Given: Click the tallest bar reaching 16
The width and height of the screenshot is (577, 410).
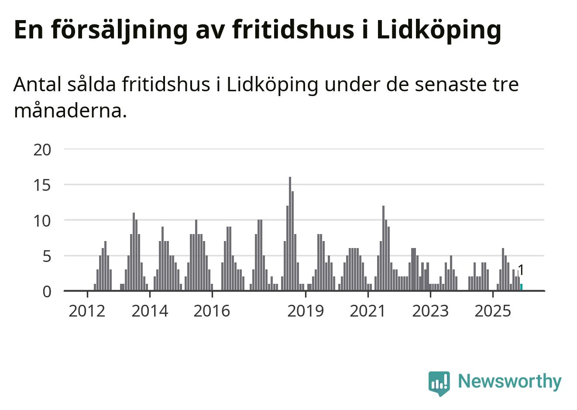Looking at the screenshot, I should pos(290,234).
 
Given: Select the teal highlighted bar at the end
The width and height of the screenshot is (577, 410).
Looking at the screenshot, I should pos(521,287).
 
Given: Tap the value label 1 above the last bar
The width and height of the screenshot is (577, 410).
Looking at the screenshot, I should pos(520,270).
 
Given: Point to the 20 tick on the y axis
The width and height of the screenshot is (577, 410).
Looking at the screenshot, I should pos(42,150).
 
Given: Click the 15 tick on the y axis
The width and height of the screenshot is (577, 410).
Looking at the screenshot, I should pos(42,185).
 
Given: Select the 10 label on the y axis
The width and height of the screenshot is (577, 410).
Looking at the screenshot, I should pos(42,221).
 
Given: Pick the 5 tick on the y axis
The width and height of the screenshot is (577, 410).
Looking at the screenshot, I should pos(47,256).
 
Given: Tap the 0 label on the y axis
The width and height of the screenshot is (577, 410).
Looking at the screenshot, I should pos(47,291).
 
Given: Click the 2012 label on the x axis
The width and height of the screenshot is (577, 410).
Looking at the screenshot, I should pos(87,311).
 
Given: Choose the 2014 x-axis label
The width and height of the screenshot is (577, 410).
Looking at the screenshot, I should pos(150,311).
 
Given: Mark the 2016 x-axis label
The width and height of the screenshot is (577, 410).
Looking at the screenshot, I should pos(212,311).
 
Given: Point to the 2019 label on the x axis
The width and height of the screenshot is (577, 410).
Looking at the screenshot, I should pos(306,311).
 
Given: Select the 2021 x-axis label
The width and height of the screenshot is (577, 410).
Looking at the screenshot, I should pos(368,311).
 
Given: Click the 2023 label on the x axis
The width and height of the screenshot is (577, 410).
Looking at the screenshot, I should pos(430,311).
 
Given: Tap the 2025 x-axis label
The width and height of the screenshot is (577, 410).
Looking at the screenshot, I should pos(492,311).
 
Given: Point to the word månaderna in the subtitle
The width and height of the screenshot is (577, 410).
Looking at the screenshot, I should pos(70,110).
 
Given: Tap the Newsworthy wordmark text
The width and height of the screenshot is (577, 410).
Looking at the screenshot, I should pos(510,381).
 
